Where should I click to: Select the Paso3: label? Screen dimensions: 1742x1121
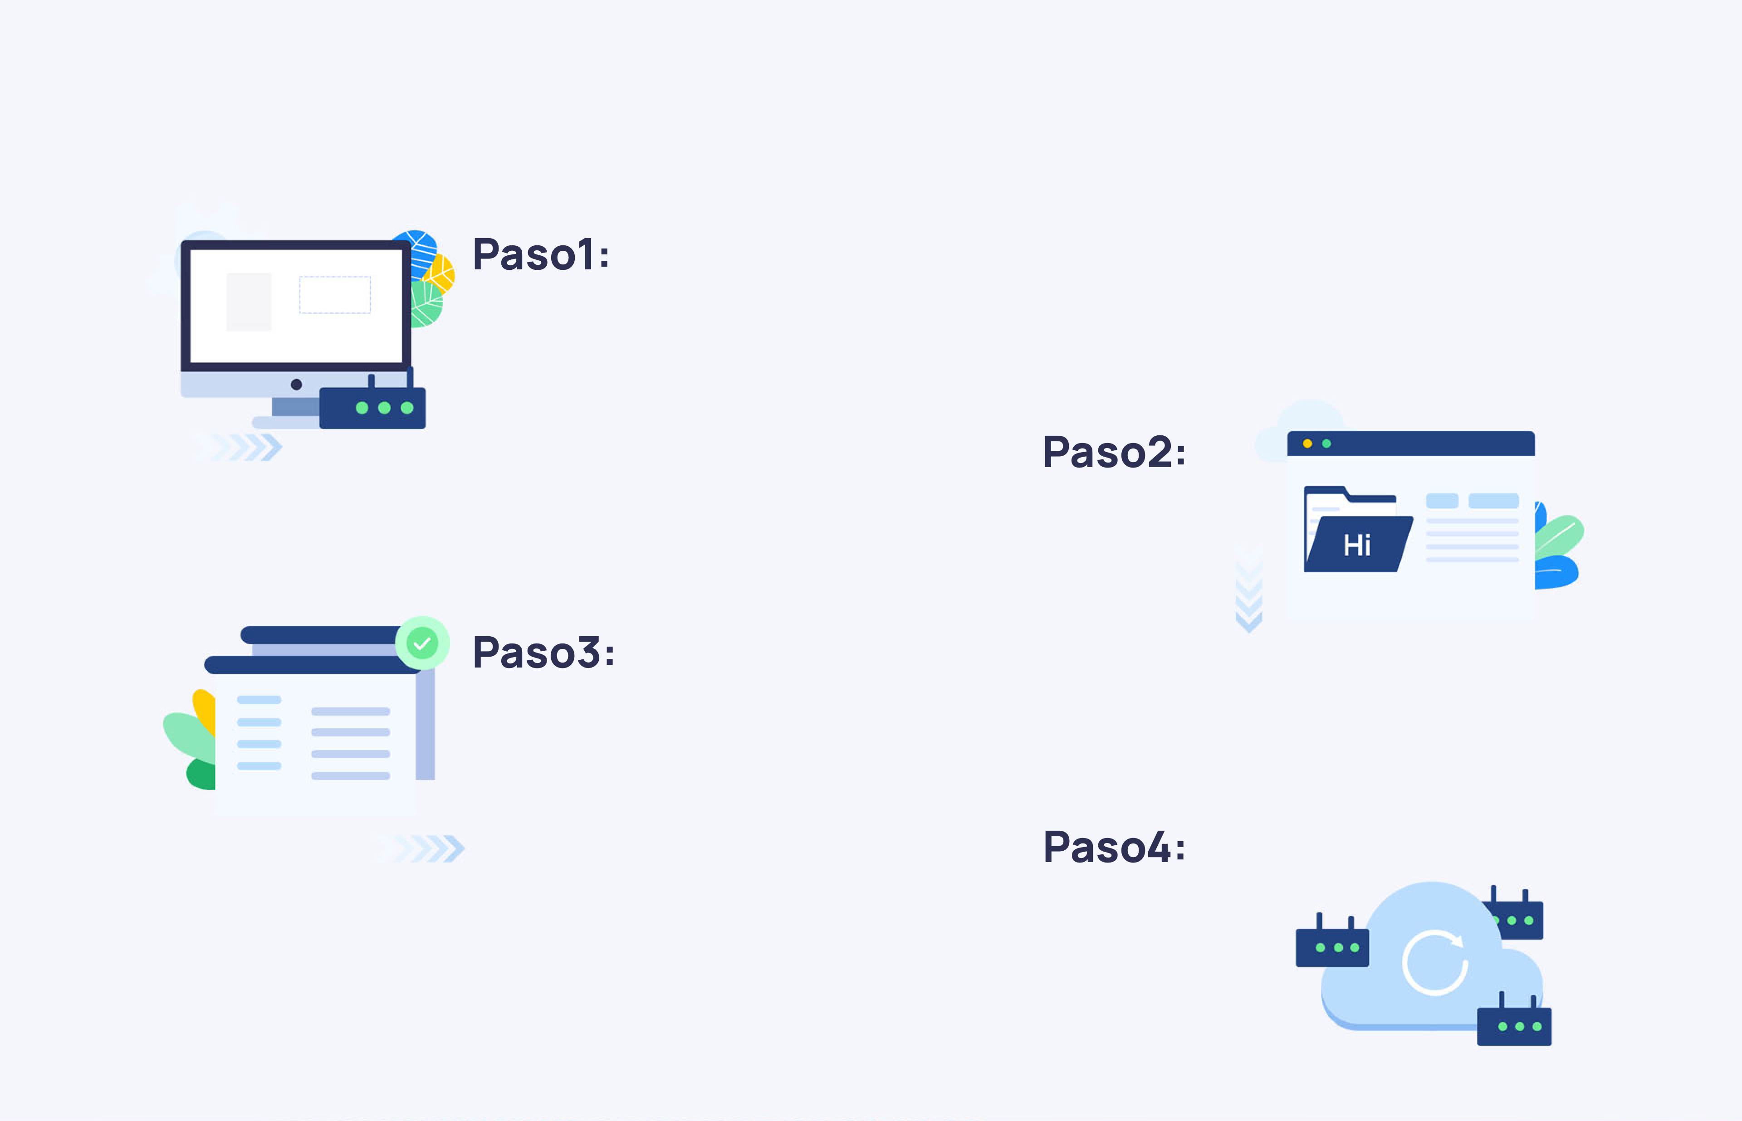tap(543, 652)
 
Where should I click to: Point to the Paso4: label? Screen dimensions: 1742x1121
tap(1115, 847)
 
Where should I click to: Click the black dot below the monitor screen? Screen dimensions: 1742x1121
tap(296, 385)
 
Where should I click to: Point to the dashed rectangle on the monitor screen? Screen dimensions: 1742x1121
tap(335, 295)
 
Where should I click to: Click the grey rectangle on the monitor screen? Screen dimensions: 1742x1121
tap(249, 302)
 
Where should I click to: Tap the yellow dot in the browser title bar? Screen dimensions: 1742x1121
tap(1307, 444)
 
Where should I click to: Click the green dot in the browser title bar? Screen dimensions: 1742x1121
tap(1326, 444)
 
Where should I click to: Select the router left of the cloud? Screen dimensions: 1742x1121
tap(1332, 942)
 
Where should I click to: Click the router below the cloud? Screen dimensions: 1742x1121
tap(1514, 1020)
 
